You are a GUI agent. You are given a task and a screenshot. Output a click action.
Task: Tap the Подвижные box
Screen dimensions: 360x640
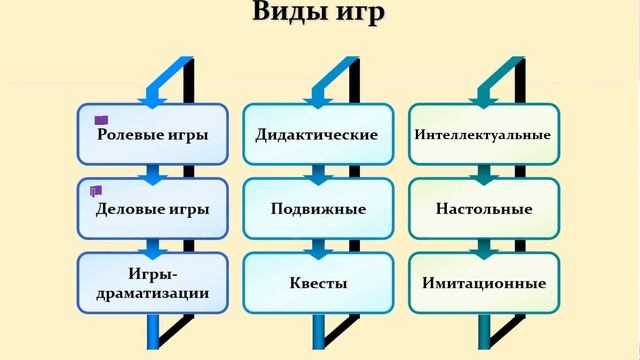tap(318, 209)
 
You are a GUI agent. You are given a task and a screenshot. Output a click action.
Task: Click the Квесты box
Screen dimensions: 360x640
tap(318, 283)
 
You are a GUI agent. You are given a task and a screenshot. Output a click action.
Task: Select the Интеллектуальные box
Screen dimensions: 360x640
tap(483, 133)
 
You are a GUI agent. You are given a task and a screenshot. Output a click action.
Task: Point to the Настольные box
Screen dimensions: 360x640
tap(483, 209)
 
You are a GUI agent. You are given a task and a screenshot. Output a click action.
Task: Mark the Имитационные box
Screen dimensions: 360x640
tap(483, 283)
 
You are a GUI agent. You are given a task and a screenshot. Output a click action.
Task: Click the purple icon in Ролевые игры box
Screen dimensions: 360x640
tap(101, 120)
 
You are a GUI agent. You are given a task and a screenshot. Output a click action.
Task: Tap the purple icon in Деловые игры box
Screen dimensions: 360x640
tap(96, 190)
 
